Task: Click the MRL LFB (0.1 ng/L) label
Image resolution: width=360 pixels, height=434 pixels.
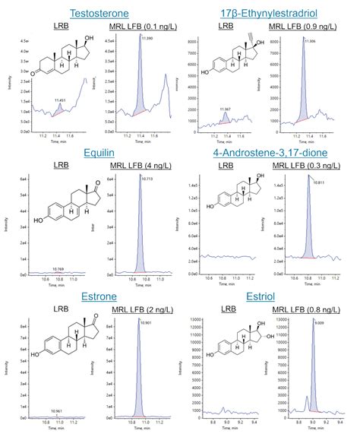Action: pyautogui.click(x=134, y=29)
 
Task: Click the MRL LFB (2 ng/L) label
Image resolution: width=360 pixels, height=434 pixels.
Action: pyautogui.click(x=134, y=309)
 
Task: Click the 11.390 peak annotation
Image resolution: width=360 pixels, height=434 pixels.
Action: pyautogui.click(x=147, y=37)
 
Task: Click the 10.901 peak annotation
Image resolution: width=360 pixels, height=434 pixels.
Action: pyautogui.click(x=147, y=322)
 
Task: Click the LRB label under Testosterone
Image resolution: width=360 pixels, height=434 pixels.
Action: pyautogui.click(x=60, y=29)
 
